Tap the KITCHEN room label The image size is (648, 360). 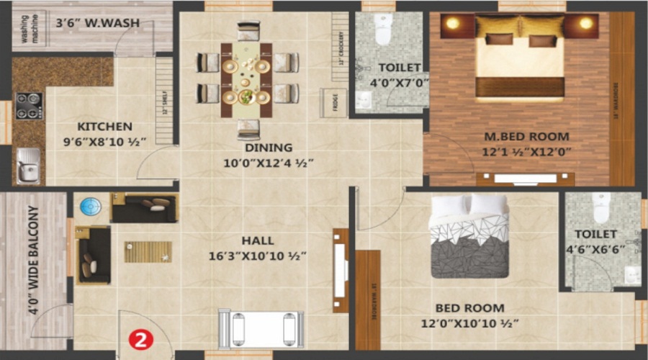[105, 126]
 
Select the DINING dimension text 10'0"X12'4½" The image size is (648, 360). [268, 163]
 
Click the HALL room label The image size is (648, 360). [258, 240]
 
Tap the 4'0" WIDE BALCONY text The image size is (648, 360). [33, 261]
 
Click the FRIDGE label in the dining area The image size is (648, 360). [333, 102]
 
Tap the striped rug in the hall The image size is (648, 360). [148, 251]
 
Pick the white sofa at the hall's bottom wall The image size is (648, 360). [261, 328]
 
